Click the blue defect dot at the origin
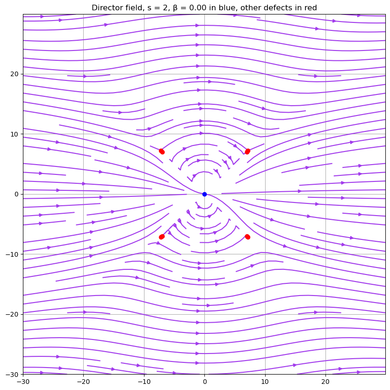(204, 194)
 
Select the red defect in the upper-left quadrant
(161, 151)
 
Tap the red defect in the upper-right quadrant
(247, 151)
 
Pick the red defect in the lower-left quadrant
(161, 237)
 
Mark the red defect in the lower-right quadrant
(247, 237)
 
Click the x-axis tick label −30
(23, 381)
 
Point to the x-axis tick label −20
(83, 381)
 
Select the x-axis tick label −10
(144, 381)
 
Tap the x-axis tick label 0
(204, 381)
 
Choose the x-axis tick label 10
(265, 381)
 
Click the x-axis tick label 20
(325, 381)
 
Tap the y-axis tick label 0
(17, 194)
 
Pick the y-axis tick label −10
(12, 254)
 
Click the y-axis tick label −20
(12, 314)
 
